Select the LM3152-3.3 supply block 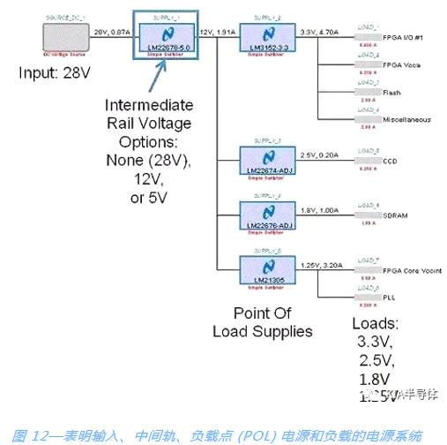[x=267, y=36]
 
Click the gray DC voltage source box [x=64, y=37]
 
